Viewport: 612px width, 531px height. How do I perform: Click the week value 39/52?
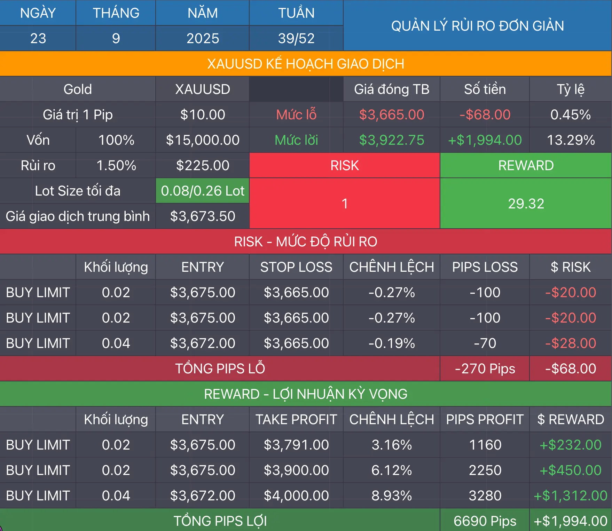296,38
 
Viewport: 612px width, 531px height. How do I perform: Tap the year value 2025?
203,38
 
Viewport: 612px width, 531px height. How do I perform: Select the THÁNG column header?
116,13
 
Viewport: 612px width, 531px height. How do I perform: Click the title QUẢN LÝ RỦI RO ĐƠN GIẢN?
477,26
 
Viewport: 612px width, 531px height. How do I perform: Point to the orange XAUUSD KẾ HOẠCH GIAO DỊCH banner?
306,64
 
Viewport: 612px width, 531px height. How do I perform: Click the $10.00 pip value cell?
203,114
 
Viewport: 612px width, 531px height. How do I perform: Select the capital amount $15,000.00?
203,140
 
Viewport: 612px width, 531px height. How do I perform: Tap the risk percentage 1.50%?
116,165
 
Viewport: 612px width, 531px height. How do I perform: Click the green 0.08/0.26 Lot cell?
203,191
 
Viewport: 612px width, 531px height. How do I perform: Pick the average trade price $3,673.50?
203,216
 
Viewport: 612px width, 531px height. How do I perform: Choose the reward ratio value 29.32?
526,204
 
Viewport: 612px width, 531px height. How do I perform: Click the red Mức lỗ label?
296,114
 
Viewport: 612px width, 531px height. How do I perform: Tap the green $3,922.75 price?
392,140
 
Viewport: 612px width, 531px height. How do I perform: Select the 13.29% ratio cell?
571,140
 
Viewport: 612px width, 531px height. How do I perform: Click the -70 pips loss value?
485,343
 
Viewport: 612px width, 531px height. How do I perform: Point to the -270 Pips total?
485,368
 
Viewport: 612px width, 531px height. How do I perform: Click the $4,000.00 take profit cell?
296,496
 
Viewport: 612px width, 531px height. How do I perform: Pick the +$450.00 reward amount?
571,470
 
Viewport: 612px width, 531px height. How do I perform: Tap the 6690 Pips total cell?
485,521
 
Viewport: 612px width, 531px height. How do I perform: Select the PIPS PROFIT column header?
485,419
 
